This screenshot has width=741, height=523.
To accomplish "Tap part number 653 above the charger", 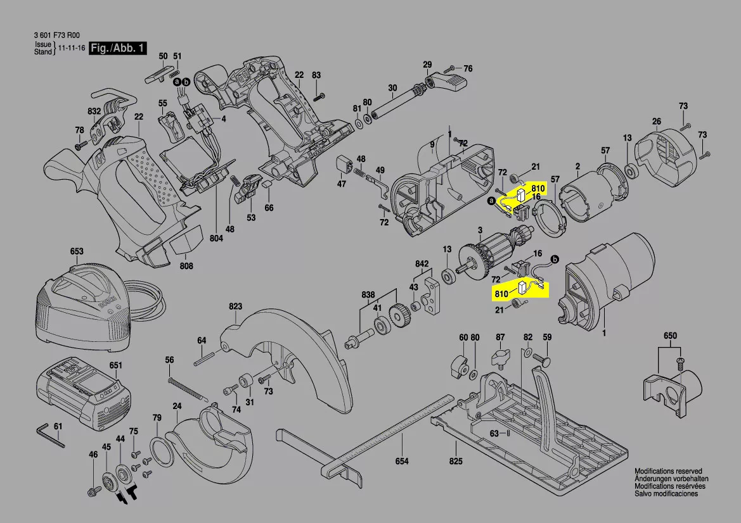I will pyautogui.click(x=77, y=251).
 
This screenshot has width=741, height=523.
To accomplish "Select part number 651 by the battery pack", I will pyautogui.click(x=115, y=365).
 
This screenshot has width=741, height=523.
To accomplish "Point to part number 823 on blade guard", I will pyautogui.click(x=236, y=306).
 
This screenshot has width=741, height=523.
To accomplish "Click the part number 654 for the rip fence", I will pyautogui.click(x=402, y=461).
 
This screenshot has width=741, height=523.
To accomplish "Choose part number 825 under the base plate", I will pyautogui.click(x=456, y=461).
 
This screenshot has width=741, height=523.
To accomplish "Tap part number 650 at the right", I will pyautogui.click(x=670, y=335).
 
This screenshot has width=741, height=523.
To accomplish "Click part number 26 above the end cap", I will pyautogui.click(x=657, y=122).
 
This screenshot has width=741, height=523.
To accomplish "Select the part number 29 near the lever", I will pyautogui.click(x=427, y=65).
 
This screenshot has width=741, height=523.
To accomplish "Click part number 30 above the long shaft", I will pyautogui.click(x=392, y=88).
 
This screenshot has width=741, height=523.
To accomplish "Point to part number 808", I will pyautogui.click(x=186, y=267).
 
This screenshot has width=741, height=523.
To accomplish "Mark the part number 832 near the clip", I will pyautogui.click(x=94, y=111).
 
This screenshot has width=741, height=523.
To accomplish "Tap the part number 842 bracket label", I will pyautogui.click(x=422, y=263).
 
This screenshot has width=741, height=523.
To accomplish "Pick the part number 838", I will pyautogui.click(x=368, y=294).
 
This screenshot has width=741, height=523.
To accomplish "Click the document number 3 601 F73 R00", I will pyautogui.click(x=58, y=36).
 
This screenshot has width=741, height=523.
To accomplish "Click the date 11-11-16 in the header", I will pyautogui.click(x=72, y=49).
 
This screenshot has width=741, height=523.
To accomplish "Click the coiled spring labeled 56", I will pyautogui.click(x=188, y=388).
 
